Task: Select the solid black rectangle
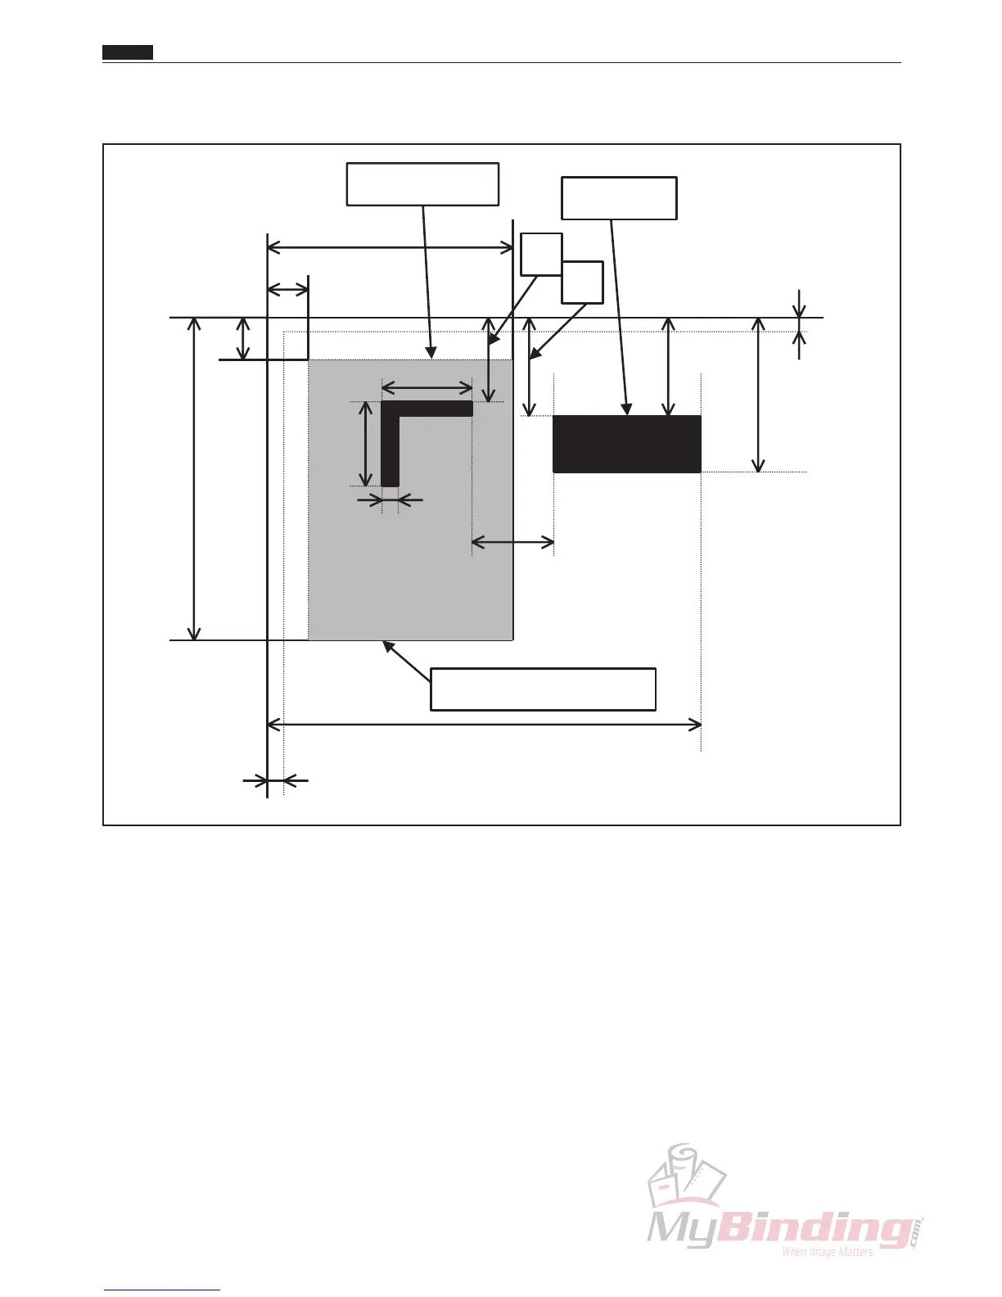627,444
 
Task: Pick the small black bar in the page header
128,52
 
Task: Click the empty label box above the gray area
422,184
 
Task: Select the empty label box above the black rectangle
619,198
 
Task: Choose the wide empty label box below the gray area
543,689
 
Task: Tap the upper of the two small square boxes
541,254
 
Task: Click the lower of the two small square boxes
582,282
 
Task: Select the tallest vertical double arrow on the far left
194,479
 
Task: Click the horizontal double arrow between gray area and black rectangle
513,541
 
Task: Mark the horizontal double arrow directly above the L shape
427,386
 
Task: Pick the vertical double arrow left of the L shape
365,444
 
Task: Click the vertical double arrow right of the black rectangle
759,395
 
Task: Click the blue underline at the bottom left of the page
162,1290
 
